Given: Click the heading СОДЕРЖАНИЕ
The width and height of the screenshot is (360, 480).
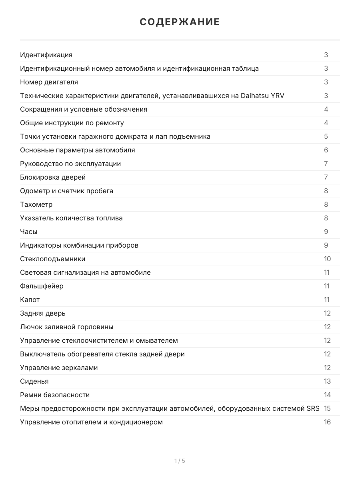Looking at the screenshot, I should pos(180,22).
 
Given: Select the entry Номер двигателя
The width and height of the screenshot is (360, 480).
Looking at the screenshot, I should pos(49,82).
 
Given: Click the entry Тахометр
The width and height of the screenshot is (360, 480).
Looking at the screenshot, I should pos(36,204).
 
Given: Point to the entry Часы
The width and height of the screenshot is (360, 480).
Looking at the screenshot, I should pos(29,232).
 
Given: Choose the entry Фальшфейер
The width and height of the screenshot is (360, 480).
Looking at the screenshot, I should pos(42,286).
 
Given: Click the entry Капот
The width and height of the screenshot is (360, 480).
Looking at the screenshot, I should pos(30,300).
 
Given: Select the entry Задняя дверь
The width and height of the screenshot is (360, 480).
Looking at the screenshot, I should pos(43,313).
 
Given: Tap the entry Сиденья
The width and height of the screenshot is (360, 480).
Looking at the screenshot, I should pos(34,381).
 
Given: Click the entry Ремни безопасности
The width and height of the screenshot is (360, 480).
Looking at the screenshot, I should pos(55,395).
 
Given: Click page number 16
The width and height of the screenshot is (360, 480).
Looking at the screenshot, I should pos(327,422).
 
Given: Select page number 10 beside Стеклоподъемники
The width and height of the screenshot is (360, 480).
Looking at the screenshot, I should pos(327,259).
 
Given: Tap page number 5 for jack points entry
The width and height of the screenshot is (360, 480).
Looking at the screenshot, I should pos(326,136).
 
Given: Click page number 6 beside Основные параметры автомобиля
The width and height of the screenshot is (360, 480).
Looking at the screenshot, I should pos(326,150).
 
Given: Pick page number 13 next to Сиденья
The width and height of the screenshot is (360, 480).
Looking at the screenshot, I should pos(327,381).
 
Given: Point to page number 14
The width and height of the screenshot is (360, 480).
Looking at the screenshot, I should pos(327,395).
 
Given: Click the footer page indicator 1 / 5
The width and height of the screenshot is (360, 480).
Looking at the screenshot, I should pos(180,461).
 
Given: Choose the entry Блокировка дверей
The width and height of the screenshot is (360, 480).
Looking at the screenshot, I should pos(53,177).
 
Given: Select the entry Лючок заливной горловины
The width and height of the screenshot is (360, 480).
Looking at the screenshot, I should pos(67,327).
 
